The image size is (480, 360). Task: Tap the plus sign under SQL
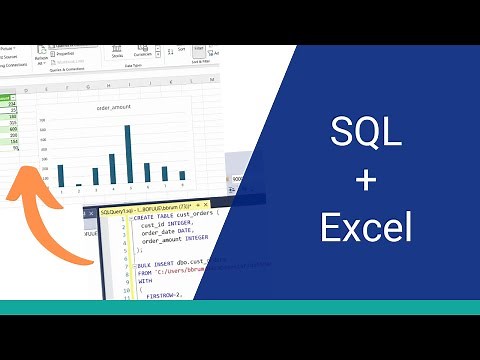click(x=366, y=180)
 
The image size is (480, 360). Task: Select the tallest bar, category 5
click(x=128, y=155)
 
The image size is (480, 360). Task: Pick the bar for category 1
click(x=60, y=175)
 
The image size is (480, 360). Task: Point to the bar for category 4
click(x=111, y=169)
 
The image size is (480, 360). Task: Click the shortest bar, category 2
click(x=78, y=184)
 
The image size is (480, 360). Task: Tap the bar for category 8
click(x=182, y=176)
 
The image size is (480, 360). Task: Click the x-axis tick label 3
click(x=95, y=190)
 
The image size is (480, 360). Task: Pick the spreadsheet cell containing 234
click(x=12, y=103)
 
